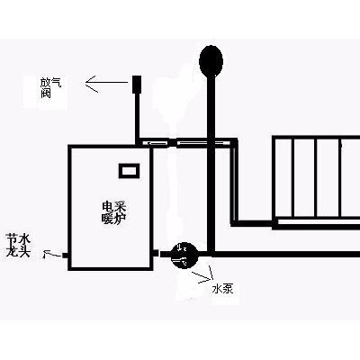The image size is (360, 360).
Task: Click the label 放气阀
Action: pyautogui.click(x=50, y=87)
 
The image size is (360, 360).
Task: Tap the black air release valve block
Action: pyautogui.click(x=137, y=84)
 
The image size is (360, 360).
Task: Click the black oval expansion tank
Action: pyautogui.click(x=211, y=61)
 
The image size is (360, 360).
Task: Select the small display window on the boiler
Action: pyautogui.click(x=130, y=171)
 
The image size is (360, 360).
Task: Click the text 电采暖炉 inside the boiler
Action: pyautogui.click(x=113, y=212)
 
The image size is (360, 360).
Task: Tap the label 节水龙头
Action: pyautogui.click(x=18, y=246)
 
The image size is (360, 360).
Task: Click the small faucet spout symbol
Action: pyautogui.click(x=49, y=254)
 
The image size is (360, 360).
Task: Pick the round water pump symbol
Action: pyautogui.click(x=183, y=255)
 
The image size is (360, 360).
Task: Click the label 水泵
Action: pyautogui.click(x=222, y=289)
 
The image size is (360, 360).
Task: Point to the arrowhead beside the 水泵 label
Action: pyautogui.click(x=204, y=277)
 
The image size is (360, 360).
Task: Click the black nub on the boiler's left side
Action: pyautogui.click(x=65, y=256)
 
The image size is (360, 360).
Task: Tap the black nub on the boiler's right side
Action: pyautogui.click(x=156, y=254)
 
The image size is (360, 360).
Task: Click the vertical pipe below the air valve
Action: pyautogui.click(x=137, y=118)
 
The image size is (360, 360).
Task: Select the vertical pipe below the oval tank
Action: pyautogui.click(x=211, y=165)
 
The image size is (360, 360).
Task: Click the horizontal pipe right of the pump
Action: pyautogui.click(x=286, y=255)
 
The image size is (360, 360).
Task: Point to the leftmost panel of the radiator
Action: pyautogui.click(x=283, y=177)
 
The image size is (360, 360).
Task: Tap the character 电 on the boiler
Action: pyautogui.click(x=108, y=207)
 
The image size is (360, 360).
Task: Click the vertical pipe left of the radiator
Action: pyautogui.click(x=235, y=182)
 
